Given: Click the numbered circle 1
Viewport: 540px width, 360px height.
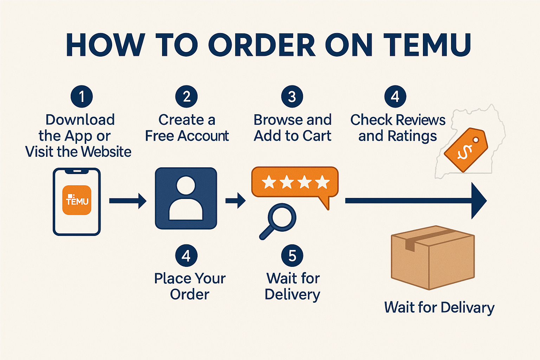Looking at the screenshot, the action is pyautogui.click(x=82, y=96).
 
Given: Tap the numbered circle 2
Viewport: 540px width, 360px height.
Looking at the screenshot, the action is pyautogui.click(x=186, y=96).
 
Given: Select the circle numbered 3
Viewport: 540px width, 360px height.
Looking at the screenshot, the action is pyautogui.click(x=292, y=96).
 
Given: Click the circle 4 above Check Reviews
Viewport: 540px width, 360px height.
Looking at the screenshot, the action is pyautogui.click(x=395, y=96).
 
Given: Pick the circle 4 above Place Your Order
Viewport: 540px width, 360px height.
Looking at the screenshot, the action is pyautogui.click(x=186, y=256).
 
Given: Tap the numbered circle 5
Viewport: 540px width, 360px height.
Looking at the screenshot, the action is pyautogui.click(x=292, y=256).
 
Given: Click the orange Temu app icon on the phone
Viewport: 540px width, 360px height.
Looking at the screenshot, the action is pyautogui.click(x=77, y=200).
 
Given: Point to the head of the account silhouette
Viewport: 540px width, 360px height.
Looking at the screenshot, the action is pyautogui.click(x=186, y=185).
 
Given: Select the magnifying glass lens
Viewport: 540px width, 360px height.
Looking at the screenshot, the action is pyautogui.click(x=282, y=218).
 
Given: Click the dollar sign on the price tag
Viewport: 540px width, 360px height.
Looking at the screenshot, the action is pyautogui.click(x=464, y=152).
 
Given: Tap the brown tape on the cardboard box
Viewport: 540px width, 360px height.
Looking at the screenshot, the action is pyautogui.click(x=424, y=239).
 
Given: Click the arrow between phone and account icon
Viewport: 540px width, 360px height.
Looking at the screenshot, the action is pyautogui.click(x=128, y=201).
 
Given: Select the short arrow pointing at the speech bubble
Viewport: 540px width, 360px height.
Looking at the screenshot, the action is pyautogui.click(x=236, y=200).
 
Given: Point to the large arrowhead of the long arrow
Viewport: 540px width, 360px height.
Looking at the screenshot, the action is pyautogui.click(x=478, y=201).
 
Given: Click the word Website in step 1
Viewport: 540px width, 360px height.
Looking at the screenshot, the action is pyautogui.click(x=106, y=152).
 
